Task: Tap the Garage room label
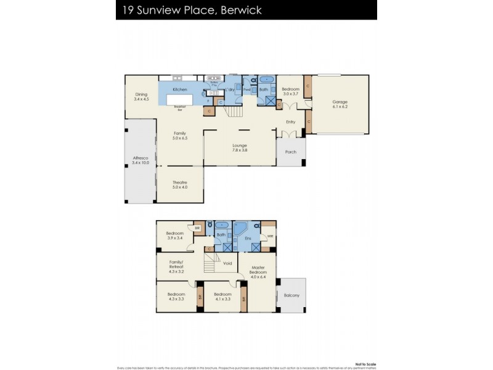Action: pyautogui.click(x=340, y=105)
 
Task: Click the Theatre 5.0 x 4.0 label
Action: pyautogui.click(x=179, y=184)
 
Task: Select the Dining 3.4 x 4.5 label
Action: pyautogui.click(x=142, y=97)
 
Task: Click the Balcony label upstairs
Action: pyautogui.click(x=291, y=296)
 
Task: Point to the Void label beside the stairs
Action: pyautogui.click(x=227, y=263)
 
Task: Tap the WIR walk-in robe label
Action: pyautogui.click(x=269, y=236)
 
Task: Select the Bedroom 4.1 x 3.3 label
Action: pyautogui.click(x=222, y=297)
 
